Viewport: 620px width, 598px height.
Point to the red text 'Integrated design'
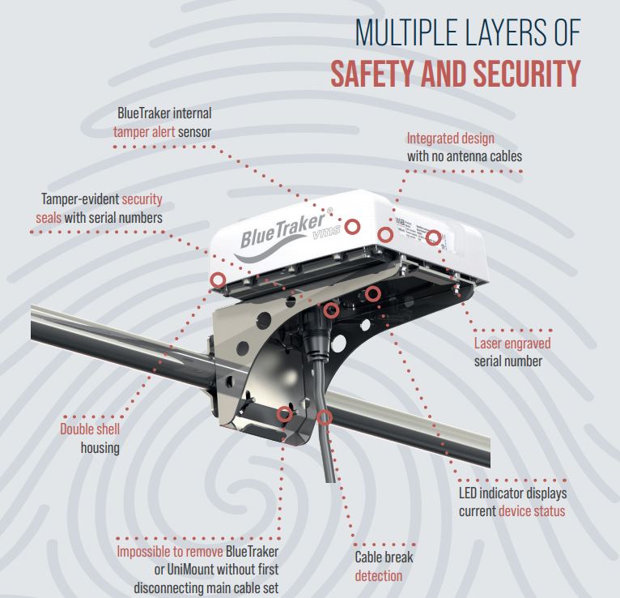click(x=450, y=139)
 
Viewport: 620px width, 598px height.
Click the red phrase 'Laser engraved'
click(x=512, y=344)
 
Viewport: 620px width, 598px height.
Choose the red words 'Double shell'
click(x=88, y=429)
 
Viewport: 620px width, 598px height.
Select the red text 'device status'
click(x=532, y=510)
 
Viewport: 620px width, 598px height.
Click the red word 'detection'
click(x=378, y=575)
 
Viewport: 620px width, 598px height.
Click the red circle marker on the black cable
click(x=325, y=417)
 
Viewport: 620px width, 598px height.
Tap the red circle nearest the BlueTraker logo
click(x=353, y=225)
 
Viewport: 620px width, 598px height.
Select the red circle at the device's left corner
click(x=217, y=280)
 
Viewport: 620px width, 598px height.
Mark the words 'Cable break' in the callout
click(x=384, y=557)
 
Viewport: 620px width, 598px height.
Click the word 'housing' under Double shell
click(x=100, y=447)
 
